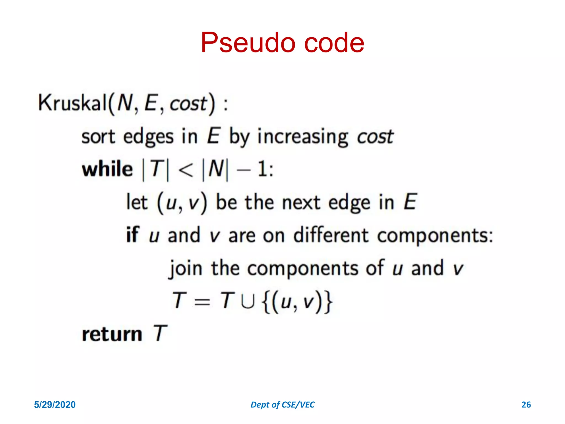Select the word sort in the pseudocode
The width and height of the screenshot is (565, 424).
[x=98, y=137]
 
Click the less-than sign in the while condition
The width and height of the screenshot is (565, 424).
[x=186, y=169]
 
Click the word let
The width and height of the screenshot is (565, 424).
[x=137, y=202]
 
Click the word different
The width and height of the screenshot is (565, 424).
[x=331, y=235]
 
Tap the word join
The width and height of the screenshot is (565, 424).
[x=186, y=268]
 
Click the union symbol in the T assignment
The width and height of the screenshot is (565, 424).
[x=247, y=301]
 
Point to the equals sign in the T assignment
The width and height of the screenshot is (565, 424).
[x=202, y=302]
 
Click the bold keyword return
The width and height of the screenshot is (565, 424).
[x=112, y=334]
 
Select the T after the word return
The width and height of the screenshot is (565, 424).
[x=160, y=333]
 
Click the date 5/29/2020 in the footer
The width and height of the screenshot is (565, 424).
[x=55, y=405]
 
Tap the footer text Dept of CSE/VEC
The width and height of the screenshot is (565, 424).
[x=282, y=405]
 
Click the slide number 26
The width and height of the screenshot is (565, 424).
[x=526, y=405]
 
